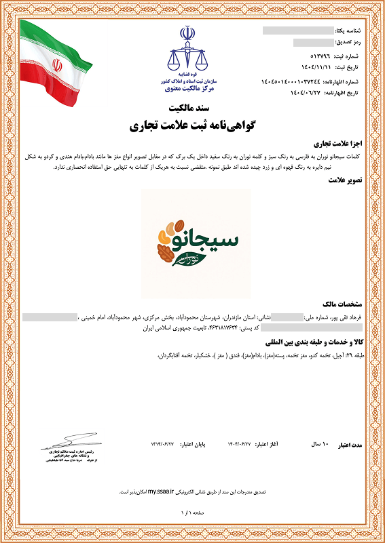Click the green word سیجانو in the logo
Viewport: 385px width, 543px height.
click(207, 241)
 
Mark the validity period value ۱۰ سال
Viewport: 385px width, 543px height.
click(319, 444)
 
